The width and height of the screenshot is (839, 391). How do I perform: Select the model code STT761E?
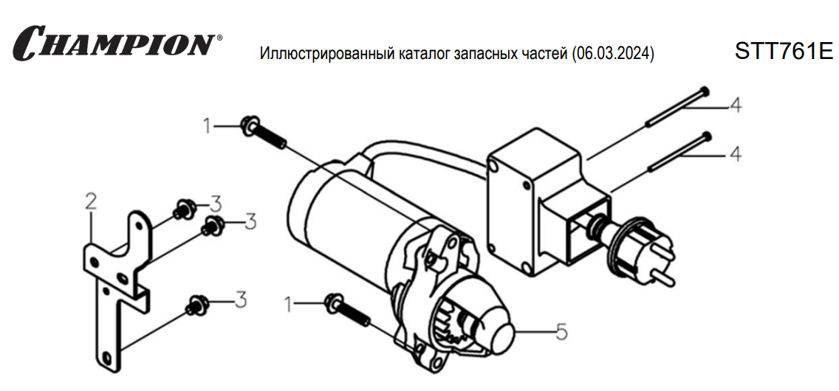click(x=784, y=52)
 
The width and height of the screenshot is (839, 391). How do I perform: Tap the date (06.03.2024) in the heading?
click(x=613, y=54)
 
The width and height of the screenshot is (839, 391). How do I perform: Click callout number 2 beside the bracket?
click(x=91, y=201)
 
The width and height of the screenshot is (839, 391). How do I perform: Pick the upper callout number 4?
click(x=735, y=106)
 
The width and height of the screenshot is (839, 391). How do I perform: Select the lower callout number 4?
click(x=735, y=154)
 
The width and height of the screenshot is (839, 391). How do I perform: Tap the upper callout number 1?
click(x=207, y=126)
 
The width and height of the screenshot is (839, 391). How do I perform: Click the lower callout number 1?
click(x=290, y=305)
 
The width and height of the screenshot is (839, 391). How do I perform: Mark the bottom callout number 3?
click(x=241, y=300)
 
